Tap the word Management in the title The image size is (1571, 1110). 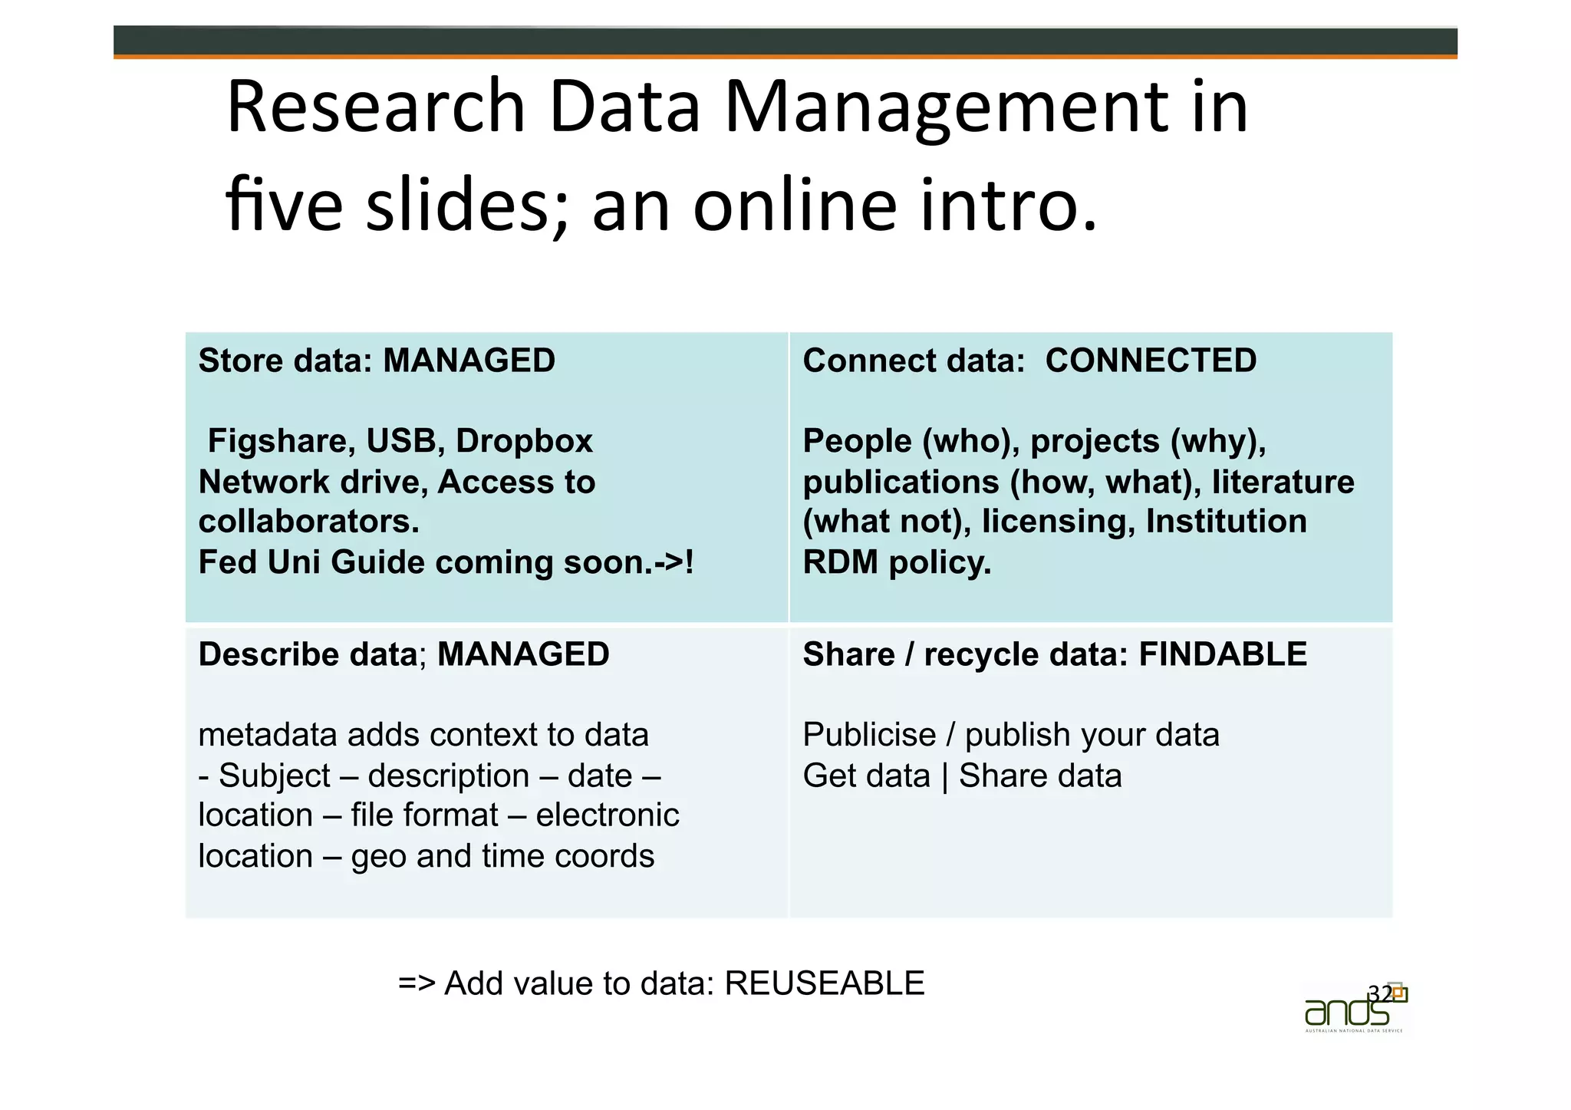tap(947, 107)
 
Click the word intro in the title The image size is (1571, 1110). tap(1009, 205)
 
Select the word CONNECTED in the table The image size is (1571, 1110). tap(1151, 361)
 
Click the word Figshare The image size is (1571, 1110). tap(282, 441)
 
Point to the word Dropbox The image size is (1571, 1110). tap(524, 441)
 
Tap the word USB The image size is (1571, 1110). tap(401, 441)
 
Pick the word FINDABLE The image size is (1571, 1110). tap(1223, 654)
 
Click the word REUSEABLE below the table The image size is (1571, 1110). tap(825, 983)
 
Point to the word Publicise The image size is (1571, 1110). tap(869, 735)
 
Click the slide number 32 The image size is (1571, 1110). tap(1380, 993)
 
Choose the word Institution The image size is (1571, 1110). tap(1226, 522)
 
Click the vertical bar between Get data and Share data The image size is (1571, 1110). tap(944, 776)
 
